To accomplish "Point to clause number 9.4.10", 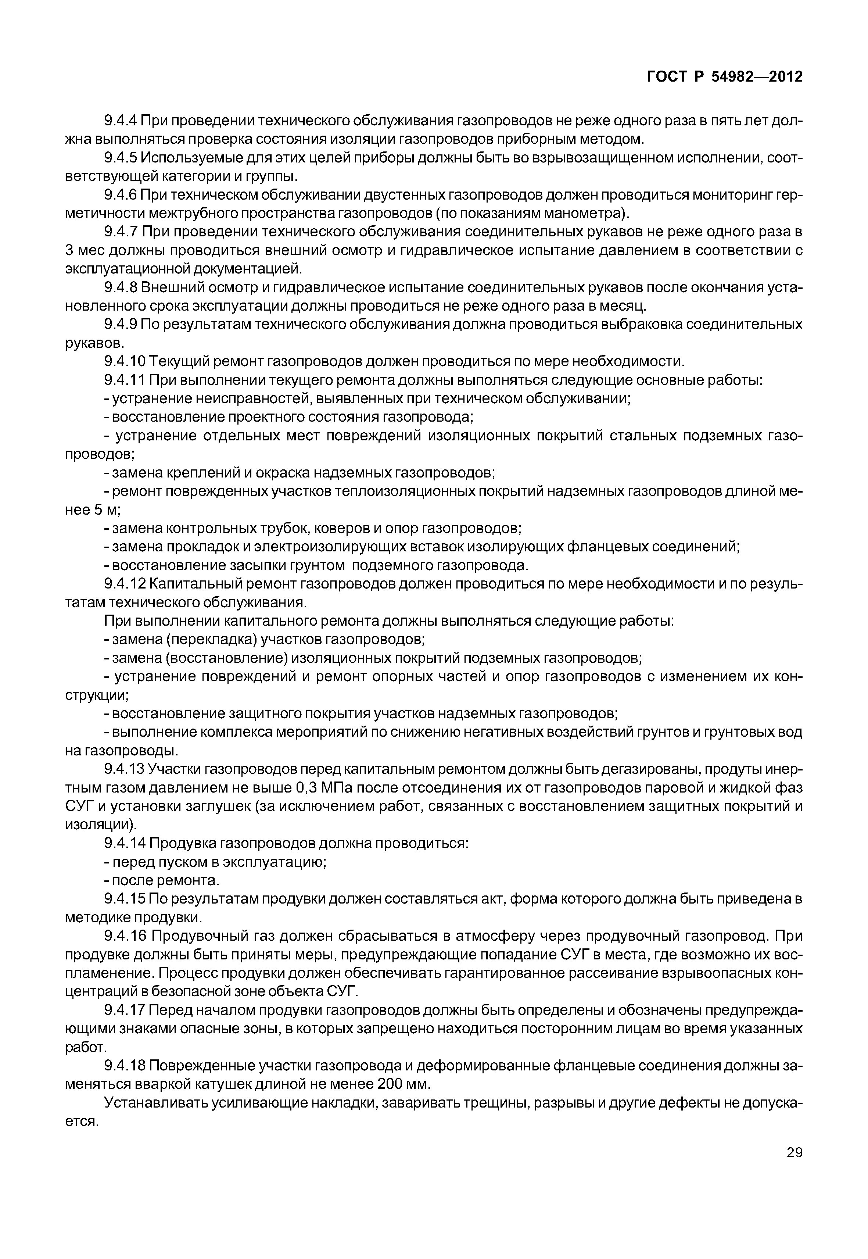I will tap(125, 361).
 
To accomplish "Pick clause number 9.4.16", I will tap(125, 936).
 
